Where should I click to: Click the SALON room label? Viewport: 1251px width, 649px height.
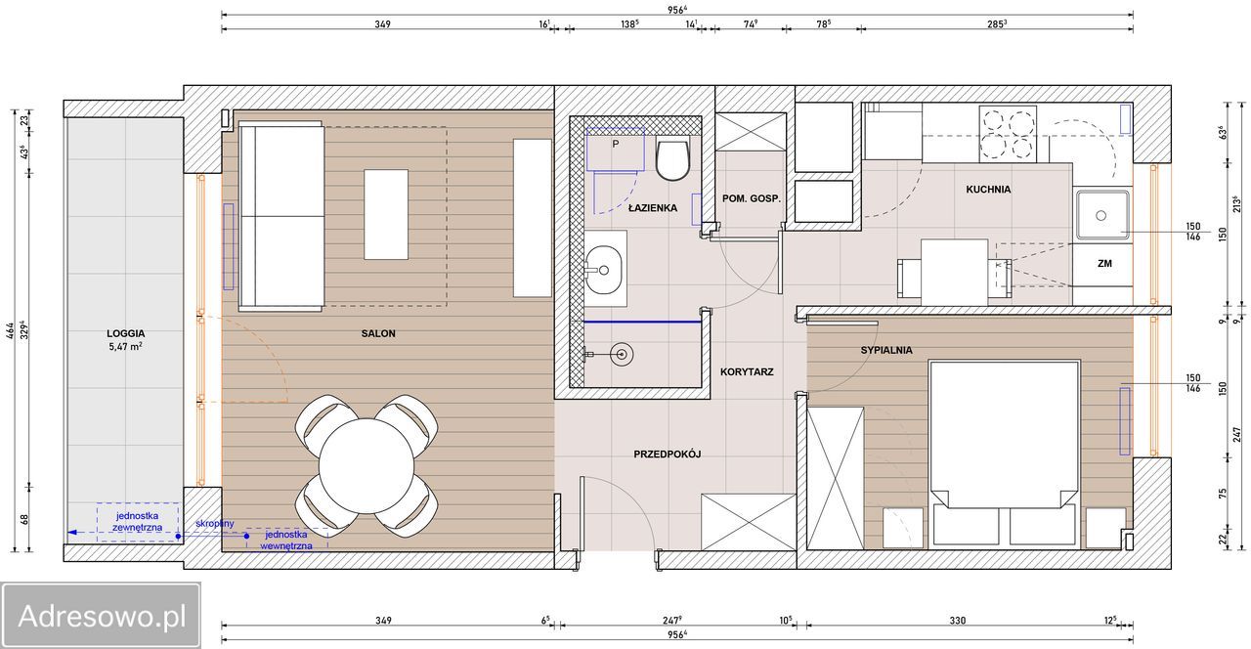[378, 333]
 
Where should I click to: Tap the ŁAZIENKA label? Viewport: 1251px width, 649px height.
[652, 208]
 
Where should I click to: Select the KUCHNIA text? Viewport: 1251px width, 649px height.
[988, 190]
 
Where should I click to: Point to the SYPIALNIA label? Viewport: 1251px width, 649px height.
[886, 350]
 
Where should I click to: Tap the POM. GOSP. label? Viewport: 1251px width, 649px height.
[752, 198]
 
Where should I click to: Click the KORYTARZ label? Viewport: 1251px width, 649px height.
[747, 372]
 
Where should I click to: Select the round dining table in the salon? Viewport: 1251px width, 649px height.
[367, 466]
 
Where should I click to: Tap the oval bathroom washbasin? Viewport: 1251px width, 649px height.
[603, 271]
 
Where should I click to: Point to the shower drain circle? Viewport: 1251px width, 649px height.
[621, 354]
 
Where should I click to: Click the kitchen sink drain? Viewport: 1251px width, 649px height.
[1100, 216]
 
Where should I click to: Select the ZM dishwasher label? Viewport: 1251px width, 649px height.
[1104, 264]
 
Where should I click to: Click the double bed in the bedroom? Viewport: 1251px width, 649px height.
[1004, 454]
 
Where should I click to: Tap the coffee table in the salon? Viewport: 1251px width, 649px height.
[386, 214]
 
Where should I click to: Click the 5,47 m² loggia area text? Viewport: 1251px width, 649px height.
[126, 346]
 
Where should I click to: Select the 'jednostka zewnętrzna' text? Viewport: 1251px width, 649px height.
[138, 522]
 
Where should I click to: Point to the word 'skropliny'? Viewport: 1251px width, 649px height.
[215, 524]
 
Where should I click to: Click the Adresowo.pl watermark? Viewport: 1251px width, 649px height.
[101, 616]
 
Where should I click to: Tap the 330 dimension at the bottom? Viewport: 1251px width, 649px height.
[957, 621]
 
